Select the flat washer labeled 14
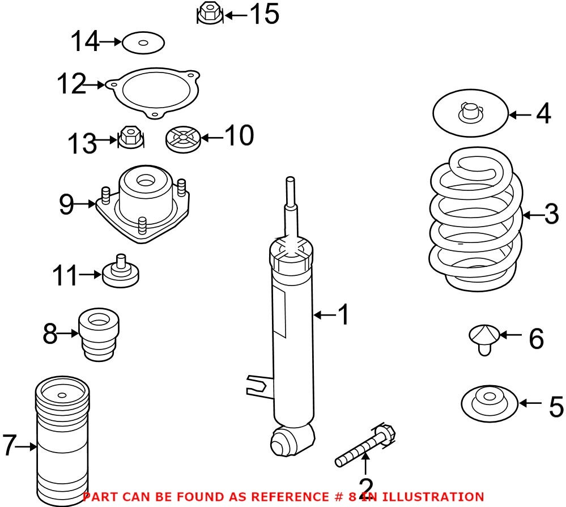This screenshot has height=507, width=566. (143, 42)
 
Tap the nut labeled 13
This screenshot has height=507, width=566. (131, 138)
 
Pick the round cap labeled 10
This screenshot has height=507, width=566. (183, 139)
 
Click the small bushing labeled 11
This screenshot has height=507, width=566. (121, 272)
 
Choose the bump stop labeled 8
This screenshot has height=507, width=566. (99, 334)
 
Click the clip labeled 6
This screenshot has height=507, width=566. (484, 339)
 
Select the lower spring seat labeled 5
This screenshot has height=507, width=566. (490, 403)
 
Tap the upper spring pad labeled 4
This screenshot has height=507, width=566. (470, 113)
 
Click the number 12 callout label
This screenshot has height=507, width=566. (71, 84)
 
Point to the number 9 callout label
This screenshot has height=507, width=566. (66, 204)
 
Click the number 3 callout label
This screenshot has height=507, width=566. (552, 214)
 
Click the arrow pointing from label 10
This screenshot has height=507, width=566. (212, 138)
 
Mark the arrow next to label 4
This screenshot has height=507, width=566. (520, 115)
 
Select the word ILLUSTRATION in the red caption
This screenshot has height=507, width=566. (433, 497)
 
